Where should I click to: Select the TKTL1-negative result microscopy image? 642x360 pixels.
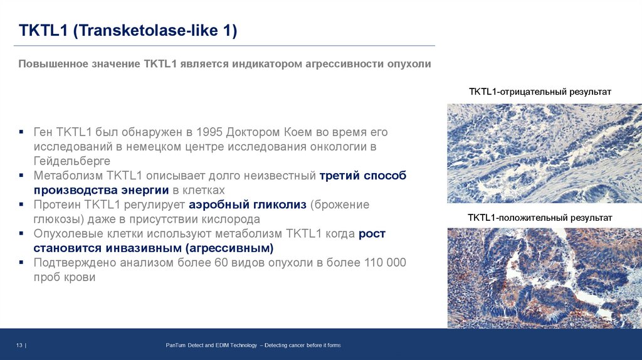pyautogui.click(x=544, y=153)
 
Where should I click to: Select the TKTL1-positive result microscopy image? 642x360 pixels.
pyautogui.click(x=544, y=278)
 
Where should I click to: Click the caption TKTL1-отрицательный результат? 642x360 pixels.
pyautogui.click(x=540, y=92)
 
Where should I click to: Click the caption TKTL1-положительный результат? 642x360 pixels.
pyautogui.click(x=540, y=218)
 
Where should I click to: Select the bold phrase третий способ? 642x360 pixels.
pyautogui.click(x=363, y=176)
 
